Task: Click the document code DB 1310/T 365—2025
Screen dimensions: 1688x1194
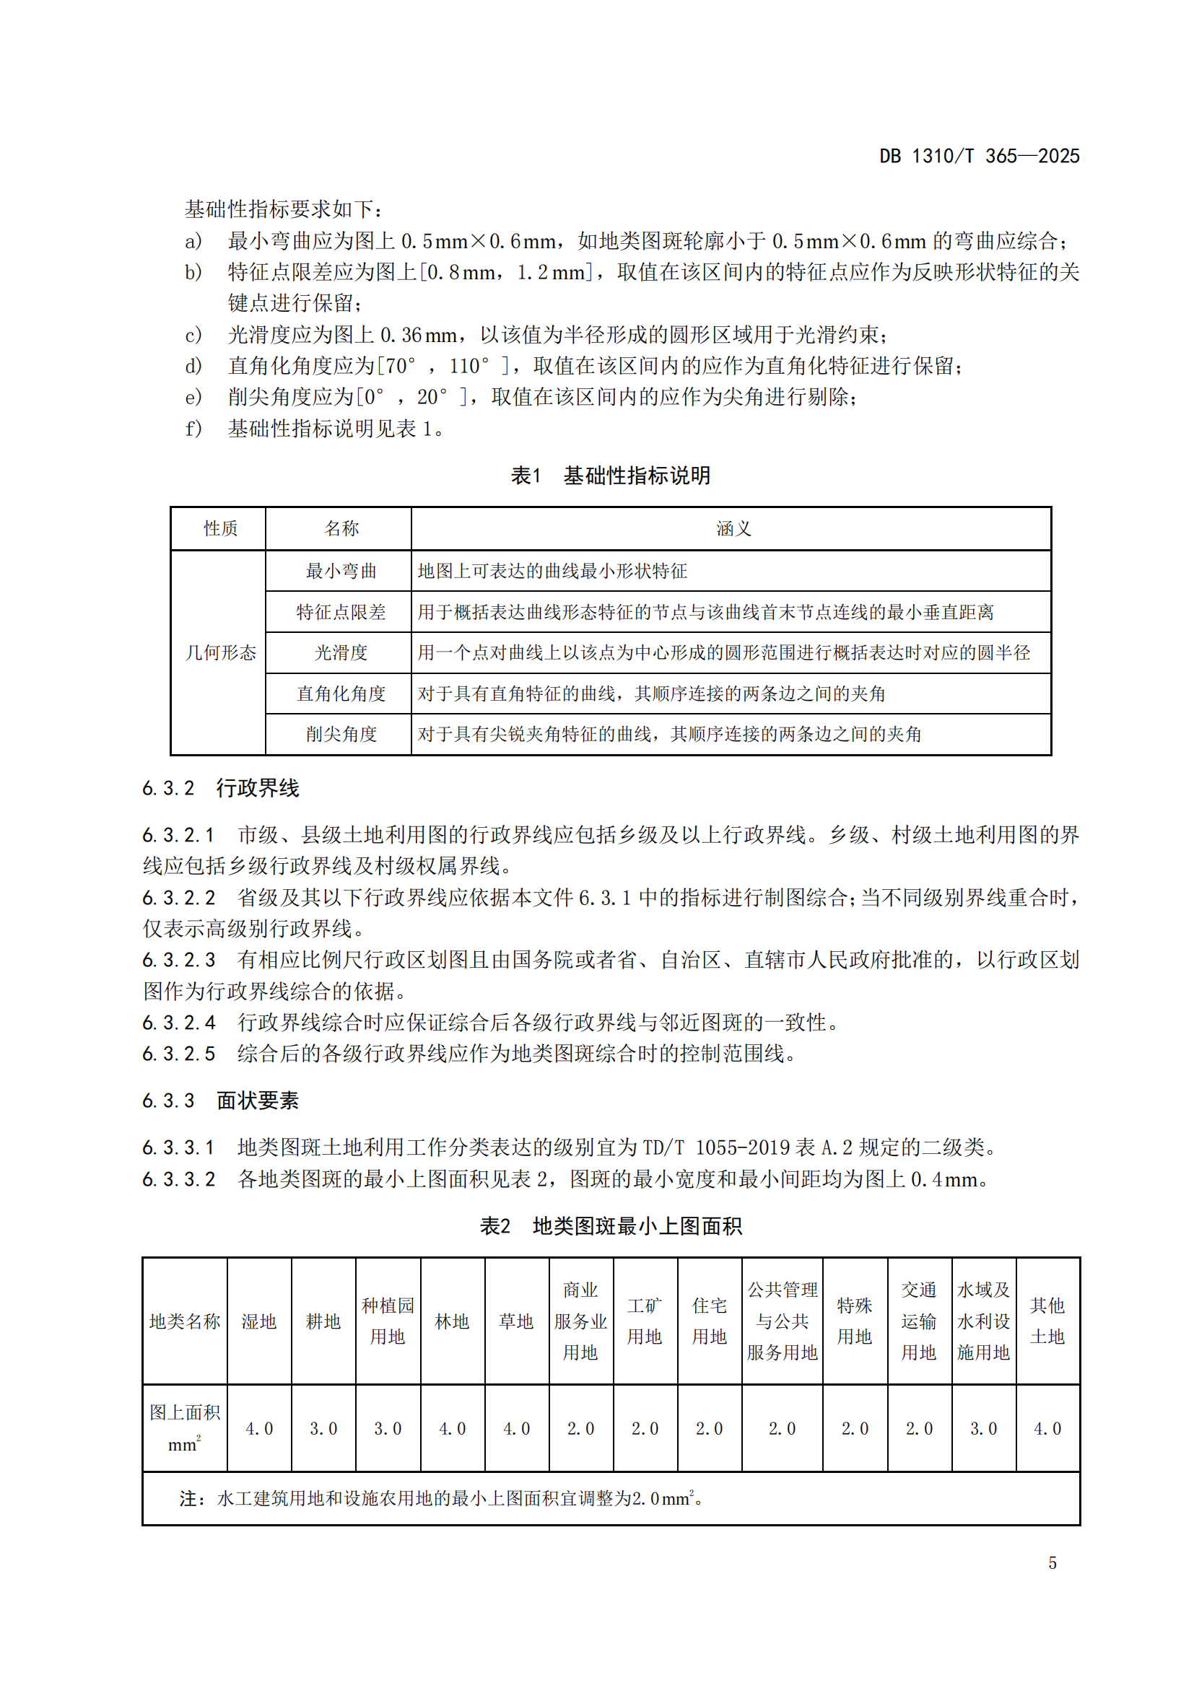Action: tap(979, 156)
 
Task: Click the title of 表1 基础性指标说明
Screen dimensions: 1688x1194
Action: tap(610, 476)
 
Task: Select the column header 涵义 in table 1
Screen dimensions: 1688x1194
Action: tap(733, 528)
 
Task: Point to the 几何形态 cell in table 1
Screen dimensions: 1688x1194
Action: tap(220, 653)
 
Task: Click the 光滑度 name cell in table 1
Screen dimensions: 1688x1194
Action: tap(341, 653)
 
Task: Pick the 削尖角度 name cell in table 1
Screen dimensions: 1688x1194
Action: tap(341, 735)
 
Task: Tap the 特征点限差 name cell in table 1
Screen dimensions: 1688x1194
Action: tap(341, 613)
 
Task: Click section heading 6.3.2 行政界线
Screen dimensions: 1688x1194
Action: tap(221, 788)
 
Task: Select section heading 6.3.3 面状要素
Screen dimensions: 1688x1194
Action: tap(221, 1101)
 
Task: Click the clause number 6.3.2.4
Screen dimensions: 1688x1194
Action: tap(178, 1023)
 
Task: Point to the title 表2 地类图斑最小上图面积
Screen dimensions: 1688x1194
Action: tap(610, 1226)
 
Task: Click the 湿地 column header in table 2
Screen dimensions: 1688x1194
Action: tap(259, 1322)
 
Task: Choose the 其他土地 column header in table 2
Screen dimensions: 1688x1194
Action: tap(1047, 1321)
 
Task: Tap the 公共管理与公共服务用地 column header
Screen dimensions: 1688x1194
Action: tap(782, 1321)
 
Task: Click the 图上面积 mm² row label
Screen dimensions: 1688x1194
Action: tap(185, 1427)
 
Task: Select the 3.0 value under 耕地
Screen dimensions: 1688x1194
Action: tap(323, 1428)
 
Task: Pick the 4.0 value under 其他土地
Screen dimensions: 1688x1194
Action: tap(1047, 1428)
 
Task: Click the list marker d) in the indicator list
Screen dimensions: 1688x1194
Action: tap(193, 366)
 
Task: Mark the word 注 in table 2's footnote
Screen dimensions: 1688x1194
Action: tap(188, 1499)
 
